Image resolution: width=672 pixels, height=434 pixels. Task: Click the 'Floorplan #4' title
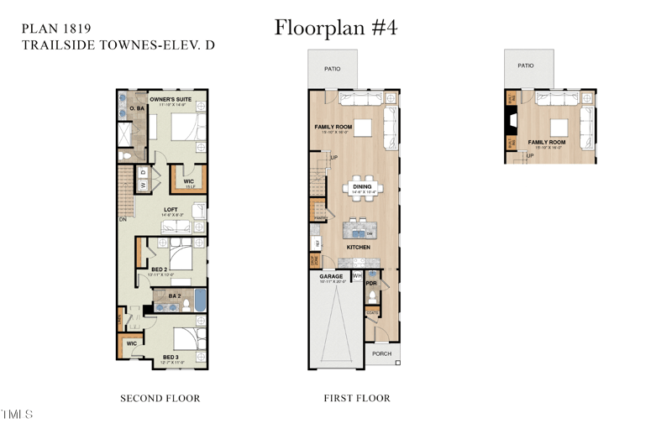coord(335,28)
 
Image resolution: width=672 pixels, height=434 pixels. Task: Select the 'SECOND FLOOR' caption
coord(160,398)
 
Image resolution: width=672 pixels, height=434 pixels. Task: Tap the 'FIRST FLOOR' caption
coord(357,398)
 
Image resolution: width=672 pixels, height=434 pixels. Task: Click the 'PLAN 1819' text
coord(56,28)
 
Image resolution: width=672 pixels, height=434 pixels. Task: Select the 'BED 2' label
coord(160,269)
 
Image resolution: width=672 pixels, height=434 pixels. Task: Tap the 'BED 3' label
coord(171,357)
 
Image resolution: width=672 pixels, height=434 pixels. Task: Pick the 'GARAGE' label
coord(330,275)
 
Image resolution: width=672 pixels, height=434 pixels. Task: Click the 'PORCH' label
coord(382,353)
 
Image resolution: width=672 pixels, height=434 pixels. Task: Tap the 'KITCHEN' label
coord(358,247)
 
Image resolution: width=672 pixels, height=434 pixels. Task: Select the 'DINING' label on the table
coord(362,187)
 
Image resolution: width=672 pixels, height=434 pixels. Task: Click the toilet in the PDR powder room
coord(372,296)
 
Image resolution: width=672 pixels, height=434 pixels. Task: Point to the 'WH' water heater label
coord(357,275)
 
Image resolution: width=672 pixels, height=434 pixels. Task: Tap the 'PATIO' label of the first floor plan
coord(333,69)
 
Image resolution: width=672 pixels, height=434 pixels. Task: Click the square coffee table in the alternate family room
coord(558,127)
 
